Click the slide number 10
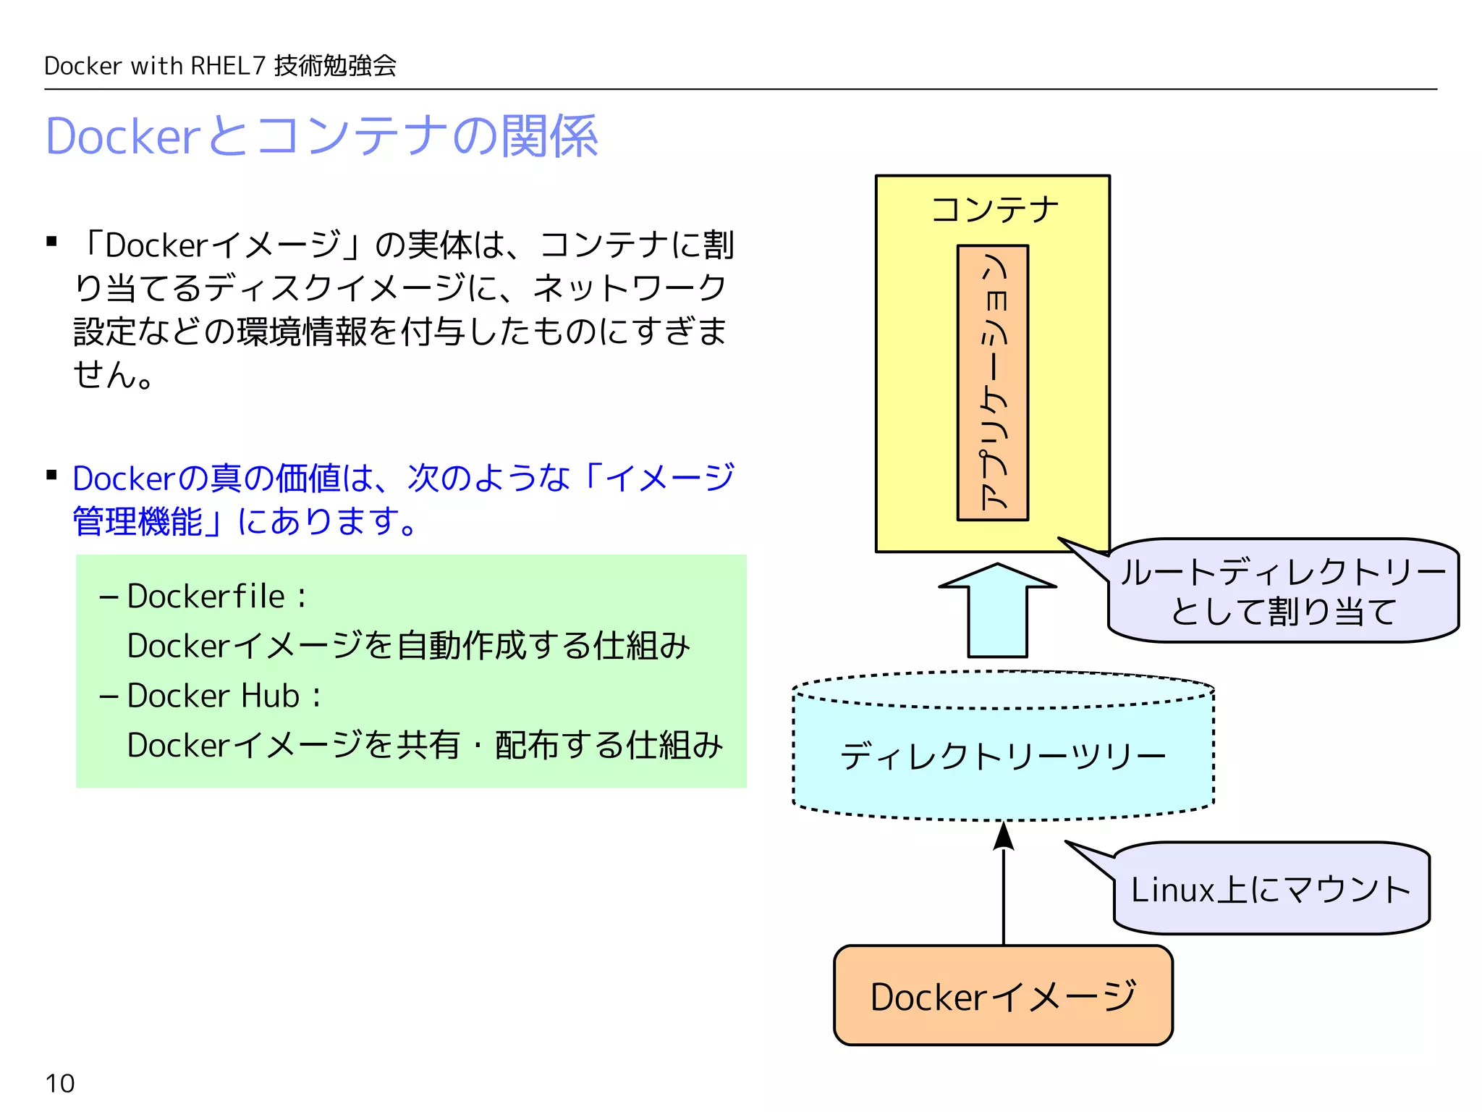pos(59,1083)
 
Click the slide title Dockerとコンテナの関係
pos(321,136)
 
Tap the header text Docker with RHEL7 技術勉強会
pos(220,66)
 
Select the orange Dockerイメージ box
pos(1003,995)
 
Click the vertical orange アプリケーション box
pos(993,382)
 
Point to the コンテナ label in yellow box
pos(994,209)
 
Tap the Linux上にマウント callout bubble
pos(1271,889)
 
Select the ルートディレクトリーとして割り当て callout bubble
pos(1282,591)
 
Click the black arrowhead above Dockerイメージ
pos(1003,836)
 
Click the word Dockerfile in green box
pos(206,597)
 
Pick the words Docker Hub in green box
pos(213,696)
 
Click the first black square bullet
pos(51,242)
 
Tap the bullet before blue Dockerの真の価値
pos(51,475)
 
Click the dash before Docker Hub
pos(109,696)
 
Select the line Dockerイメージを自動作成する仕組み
pos(408,646)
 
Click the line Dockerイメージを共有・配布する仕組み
pos(425,746)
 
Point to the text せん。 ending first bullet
pos(113,374)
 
